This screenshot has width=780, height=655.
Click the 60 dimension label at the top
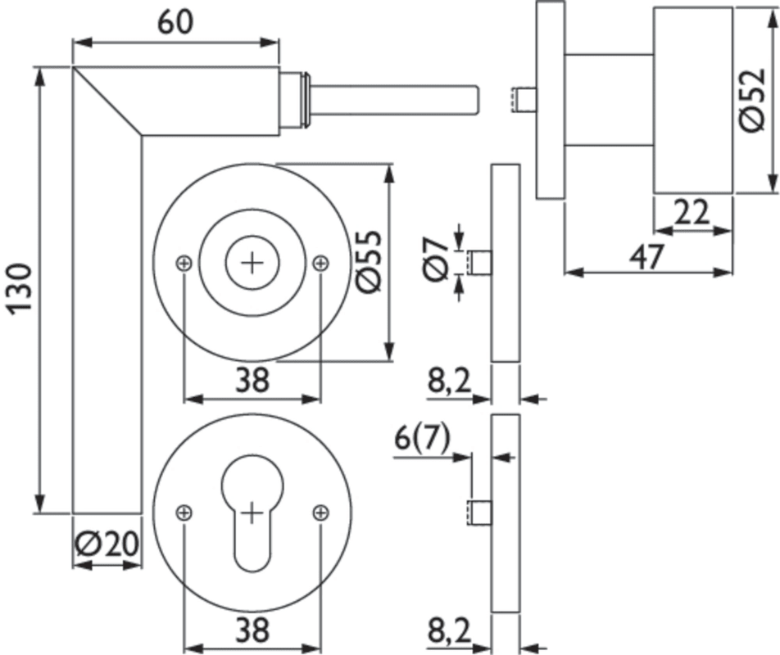[x=176, y=22]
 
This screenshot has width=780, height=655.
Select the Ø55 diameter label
[x=368, y=261]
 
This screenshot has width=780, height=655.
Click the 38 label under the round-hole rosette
[x=252, y=379]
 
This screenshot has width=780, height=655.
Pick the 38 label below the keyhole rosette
[x=252, y=630]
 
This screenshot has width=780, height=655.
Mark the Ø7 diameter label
[x=436, y=257]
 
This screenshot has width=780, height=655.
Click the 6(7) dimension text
[x=422, y=439]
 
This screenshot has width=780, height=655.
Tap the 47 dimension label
[x=646, y=257]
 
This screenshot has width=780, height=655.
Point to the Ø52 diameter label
[x=752, y=101]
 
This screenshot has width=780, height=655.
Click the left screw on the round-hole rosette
[x=184, y=262]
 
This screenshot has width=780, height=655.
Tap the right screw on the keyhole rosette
[x=320, y=513]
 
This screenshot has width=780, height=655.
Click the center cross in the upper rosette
[x=252, y=262]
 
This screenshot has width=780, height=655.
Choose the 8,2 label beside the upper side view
[x=449, y=382]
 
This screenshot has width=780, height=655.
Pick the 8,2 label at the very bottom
[x=449, y=632]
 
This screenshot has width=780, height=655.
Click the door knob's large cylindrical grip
[x=692, y=101]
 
